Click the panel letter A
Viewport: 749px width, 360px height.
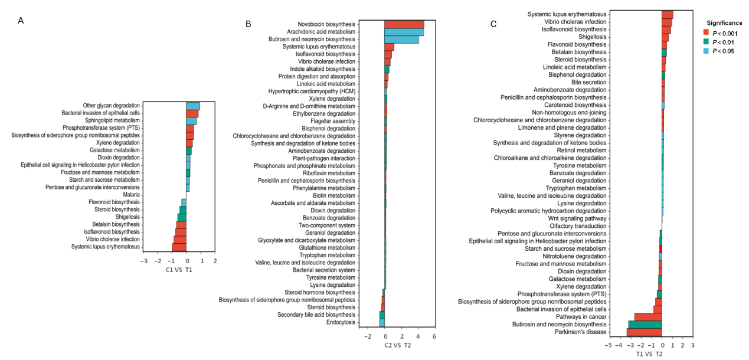(21, 21)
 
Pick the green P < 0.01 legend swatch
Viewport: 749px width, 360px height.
(705, 42)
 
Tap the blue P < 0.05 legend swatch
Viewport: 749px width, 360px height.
(705, 51)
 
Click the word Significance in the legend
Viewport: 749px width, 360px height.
(725, 22)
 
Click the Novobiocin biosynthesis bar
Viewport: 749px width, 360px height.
(404, 24)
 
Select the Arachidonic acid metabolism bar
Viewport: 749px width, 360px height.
(404, 32)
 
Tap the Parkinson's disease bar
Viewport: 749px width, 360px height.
(644, 332)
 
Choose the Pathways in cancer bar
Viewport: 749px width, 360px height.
(648, 317)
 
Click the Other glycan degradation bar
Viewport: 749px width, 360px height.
(193, 106)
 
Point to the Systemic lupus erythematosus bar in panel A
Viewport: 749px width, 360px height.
(179, 247)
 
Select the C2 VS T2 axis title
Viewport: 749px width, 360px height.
(398, 345)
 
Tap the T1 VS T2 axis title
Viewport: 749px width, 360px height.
(649, 354)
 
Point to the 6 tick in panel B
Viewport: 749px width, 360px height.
(434, 336)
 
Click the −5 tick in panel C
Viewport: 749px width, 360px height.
(609, 345)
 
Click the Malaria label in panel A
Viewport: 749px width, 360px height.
(131, 195)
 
